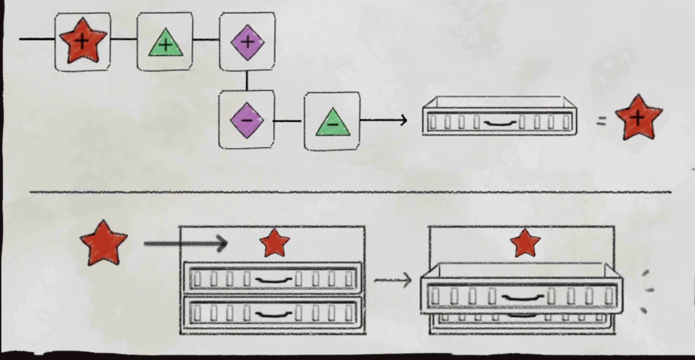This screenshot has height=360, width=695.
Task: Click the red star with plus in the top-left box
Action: (x=82, y=40)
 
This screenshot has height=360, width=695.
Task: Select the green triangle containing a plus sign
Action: (x=166, y=44)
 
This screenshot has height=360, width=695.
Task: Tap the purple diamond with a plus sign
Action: (x=246, y=42)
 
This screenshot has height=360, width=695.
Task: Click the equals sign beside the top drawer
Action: (x=601, y=119)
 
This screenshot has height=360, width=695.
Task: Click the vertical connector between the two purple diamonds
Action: (x=246, y=80)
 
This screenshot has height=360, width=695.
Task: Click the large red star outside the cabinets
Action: (x=103, y=242)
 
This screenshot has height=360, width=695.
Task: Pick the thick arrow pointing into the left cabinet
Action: (x=185, y=245)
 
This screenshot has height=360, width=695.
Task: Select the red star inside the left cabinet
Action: (x=274, y=243)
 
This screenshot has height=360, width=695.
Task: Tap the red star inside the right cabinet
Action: (x=525, y=243)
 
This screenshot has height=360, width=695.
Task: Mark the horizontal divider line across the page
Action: (x=350, y=192)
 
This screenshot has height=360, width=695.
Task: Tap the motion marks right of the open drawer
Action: (x=647, y=291)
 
